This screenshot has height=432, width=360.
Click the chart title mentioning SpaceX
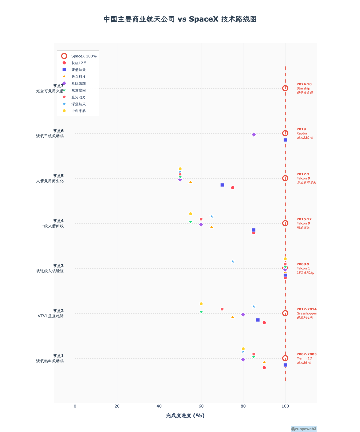click(x=180, y=19)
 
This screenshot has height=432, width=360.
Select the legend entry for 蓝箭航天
click(x=78, y=70)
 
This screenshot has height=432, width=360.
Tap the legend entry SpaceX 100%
click(x=84, y=56)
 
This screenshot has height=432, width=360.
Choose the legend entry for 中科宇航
click(x=78, y=111)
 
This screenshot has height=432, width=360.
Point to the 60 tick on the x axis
click(x=201, y=406)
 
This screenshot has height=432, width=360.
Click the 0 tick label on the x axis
click(x=75, y=406)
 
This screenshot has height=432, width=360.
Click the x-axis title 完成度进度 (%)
click(x=185, y=415)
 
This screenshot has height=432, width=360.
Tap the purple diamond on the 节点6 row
click(x=254, y=135)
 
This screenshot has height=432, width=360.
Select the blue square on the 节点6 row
click(x=285, y=140)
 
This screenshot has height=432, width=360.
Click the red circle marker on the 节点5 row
click(x=233, y=188)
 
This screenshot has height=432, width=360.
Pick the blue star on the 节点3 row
click(x=233, y=261)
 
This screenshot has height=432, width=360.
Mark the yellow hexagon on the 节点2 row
click(x=201, y=304)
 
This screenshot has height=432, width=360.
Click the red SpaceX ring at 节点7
click(x=285, y=88)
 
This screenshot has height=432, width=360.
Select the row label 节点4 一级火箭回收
click(x=52, y=223)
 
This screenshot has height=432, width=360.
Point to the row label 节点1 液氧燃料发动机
click(x=50, y=358)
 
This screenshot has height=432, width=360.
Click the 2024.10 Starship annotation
click(x=304, y=88)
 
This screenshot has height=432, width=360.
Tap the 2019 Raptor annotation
click(x=304, y=133)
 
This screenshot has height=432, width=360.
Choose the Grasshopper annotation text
click(x=307, y=313)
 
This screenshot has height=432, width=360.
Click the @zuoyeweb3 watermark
click(x=303, y=429)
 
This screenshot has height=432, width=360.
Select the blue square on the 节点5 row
click(x=222, y=185)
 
